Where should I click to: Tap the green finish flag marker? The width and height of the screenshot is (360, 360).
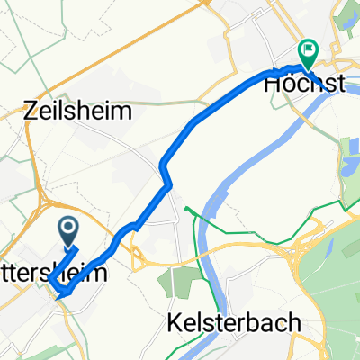tap(307, 52)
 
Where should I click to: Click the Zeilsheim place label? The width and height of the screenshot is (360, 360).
tap(77, 112)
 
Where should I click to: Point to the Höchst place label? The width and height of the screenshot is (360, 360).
tap(304, 84)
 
